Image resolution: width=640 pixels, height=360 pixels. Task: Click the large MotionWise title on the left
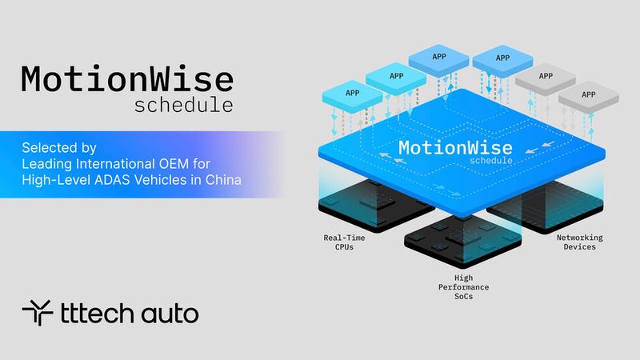pos(127,80)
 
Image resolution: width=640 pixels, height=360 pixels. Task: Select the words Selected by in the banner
pos(59,148)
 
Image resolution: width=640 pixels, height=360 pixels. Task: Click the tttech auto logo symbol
pos(37,313)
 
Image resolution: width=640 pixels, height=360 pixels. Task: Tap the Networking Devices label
pos(578,242)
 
